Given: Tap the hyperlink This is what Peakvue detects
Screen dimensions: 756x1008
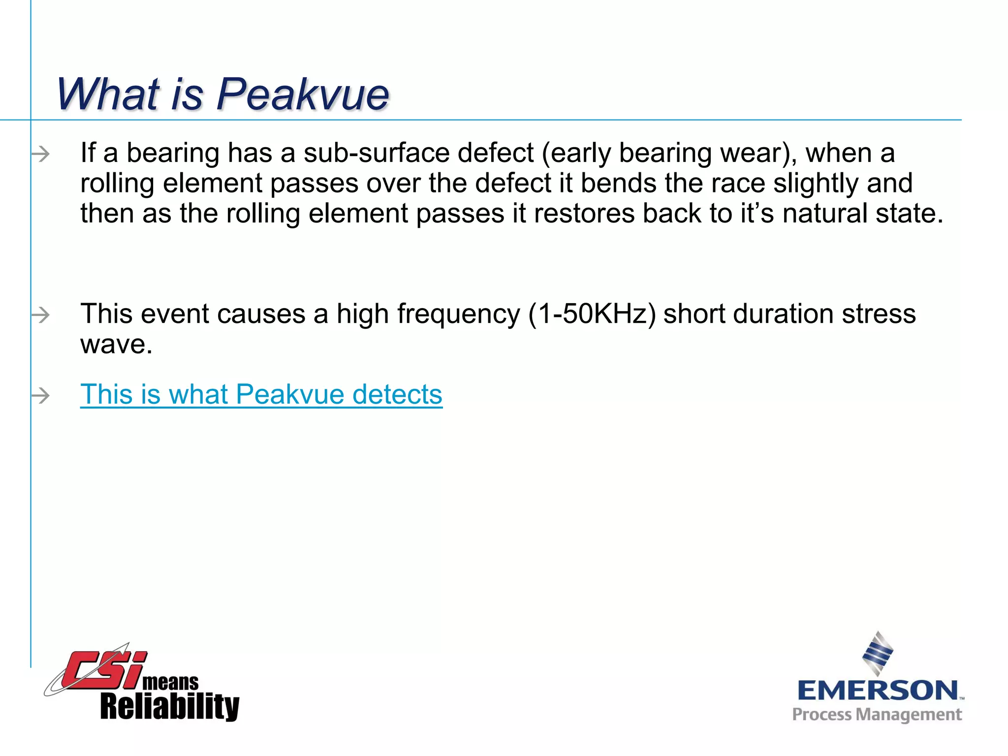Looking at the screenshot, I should (261, 394).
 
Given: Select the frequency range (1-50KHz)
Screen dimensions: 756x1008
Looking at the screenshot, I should (592, 314).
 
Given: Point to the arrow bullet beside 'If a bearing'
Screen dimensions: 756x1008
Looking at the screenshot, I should (41, 155).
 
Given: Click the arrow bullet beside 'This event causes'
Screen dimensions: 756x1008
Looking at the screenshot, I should (41, 315).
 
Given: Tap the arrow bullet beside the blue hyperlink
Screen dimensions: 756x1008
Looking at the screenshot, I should (41, 395).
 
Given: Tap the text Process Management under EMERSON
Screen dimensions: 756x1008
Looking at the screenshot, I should (877, 715).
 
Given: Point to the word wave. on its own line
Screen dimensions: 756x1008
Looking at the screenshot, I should (116, 344).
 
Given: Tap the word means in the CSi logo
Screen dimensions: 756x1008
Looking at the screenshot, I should (170, 683).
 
